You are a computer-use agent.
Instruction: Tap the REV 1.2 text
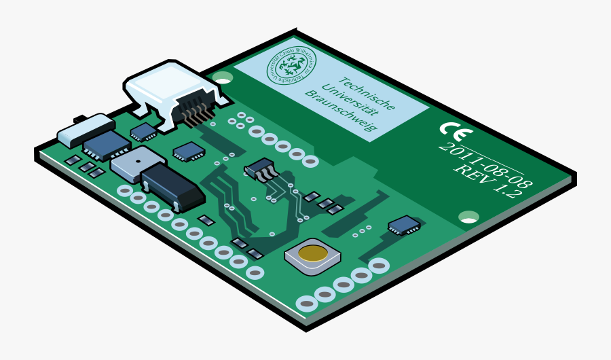[487, 181]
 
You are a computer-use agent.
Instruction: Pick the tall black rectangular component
[172, 186]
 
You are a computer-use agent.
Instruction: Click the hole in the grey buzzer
[135, 162]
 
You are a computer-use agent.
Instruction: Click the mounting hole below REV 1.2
[468, 217]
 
